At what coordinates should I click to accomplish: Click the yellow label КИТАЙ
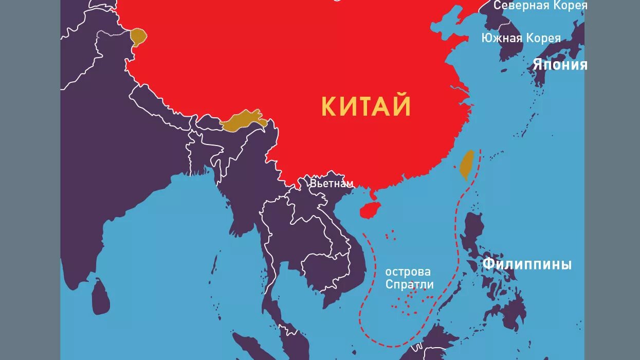(x=366, y=106)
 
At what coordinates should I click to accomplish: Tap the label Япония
(x=560, y=65)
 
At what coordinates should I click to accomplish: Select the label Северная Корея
(x=540, y=6)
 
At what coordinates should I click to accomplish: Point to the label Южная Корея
(x=521, y=38)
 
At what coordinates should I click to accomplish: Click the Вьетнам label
(x=332, y=184)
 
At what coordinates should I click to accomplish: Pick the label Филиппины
(x=527, y=264)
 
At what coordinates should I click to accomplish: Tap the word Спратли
(x=410, y=284)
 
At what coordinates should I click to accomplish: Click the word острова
(x=408, y=272)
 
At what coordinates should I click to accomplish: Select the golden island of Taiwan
(x=466, y=165)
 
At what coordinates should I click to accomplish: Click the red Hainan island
(x=372, y=210)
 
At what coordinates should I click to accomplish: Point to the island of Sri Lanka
(x=101, y=296)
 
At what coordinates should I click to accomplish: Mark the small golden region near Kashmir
(x=138, y=37)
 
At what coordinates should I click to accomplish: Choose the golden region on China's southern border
(x=243, y=120)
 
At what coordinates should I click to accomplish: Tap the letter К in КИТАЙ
(x=329, y=106)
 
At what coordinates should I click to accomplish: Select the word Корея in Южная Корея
(x=543, y=38)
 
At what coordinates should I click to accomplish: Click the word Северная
(x=515, y=6)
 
